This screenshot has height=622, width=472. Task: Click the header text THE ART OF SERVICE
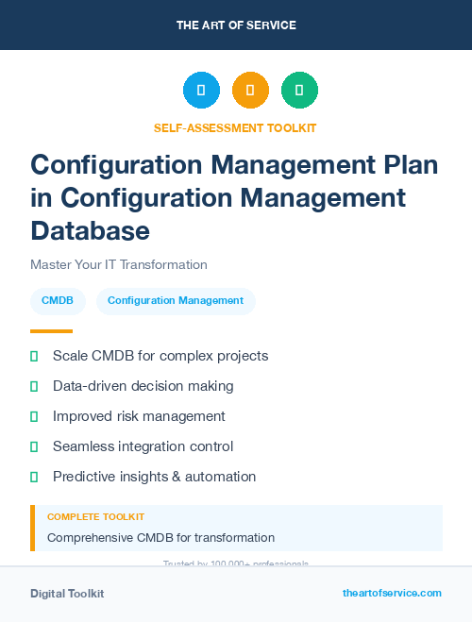[x=236, y=25]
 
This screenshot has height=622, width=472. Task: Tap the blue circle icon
[x=201, y=91]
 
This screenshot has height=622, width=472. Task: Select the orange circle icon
[x=250, y=91]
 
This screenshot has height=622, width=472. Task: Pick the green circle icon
[x=299, y=91]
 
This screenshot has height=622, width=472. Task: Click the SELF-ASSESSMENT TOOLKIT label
[x=235, y=128]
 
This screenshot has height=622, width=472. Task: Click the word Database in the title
[x=90, y=230]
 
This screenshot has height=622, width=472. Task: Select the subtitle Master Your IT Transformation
[x=118, y=265]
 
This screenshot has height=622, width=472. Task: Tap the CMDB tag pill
[x=58, y=301]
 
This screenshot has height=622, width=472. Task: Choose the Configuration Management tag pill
[x=176, y=301]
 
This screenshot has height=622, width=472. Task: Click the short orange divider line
[x=51, y=331]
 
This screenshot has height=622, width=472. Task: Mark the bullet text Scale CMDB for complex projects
[x=160, y=356]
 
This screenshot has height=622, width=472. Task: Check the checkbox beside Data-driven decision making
[x=34, y=386]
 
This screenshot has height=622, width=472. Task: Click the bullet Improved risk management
[x=139, y=416]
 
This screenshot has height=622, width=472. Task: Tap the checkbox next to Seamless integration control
[x=34, y=446]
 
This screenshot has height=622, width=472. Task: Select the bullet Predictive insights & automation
[x=154, y=477]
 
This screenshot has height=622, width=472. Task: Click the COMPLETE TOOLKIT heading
[x=95, y=517]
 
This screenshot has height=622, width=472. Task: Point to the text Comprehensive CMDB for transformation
[x=160, y=538]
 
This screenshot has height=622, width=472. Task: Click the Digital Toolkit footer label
[x=67, y=594]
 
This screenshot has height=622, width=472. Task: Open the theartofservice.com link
[x=392, y=593]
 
